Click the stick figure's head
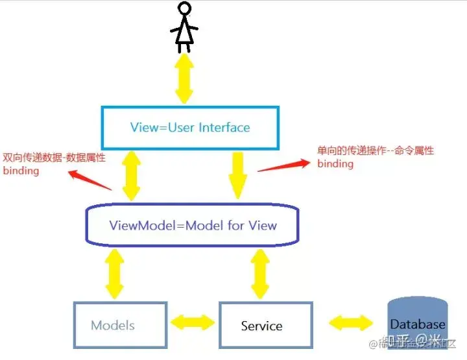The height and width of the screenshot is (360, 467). [185, 10]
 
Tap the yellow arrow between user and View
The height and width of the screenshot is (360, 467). [184, 78]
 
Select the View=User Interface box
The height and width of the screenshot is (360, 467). [190, 127]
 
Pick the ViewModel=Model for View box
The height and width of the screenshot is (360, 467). [193, 226]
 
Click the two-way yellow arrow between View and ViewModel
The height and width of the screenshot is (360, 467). [132, 175]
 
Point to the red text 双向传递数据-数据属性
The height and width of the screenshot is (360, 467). [54, 158]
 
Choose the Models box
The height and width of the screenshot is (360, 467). [120, 325]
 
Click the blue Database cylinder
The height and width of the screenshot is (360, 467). [418, 322]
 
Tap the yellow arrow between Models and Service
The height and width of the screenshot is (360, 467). [193, 322]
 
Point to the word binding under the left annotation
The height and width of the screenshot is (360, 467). [21, 171]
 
